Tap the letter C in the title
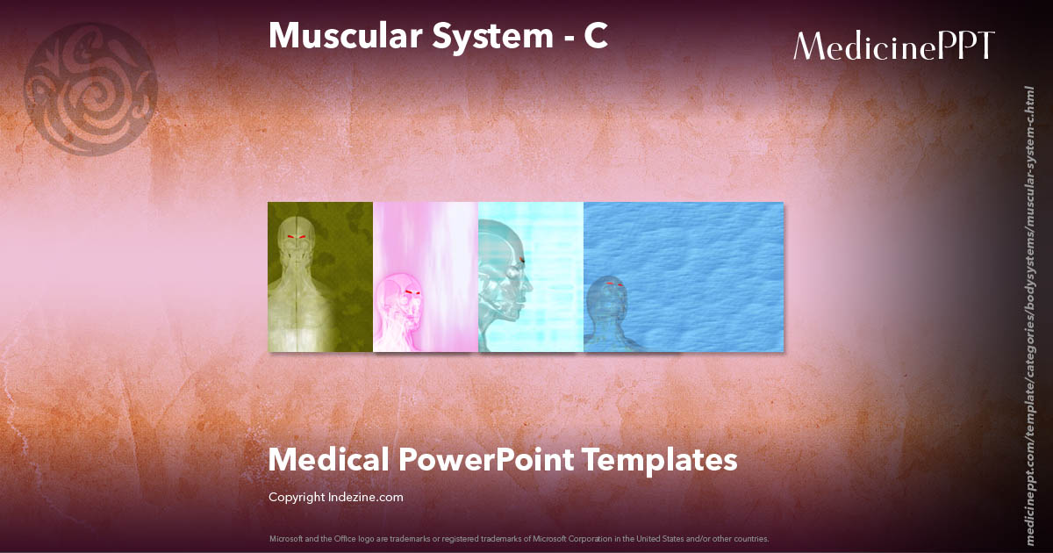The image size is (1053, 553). pyautogui.click(x=596, y=35)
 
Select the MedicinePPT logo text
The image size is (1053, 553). pyautogui.click(x=894, y=46)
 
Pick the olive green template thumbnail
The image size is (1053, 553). pyautogui.click(x=320, y=276)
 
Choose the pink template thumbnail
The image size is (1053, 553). pyautogui.click(x=426, y=276)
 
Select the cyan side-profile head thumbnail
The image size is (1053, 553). pyautogui.click(x=531, y=276)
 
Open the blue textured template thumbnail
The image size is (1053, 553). pyautogui.click(x=684, y=276)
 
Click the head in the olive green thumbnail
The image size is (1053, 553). pyautogui.click(x=297, y=241)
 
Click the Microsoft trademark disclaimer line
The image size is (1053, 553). pyautogui.click(x=519, y=538)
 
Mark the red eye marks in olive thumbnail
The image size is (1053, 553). pyautogui.click(x=297, y=237)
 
